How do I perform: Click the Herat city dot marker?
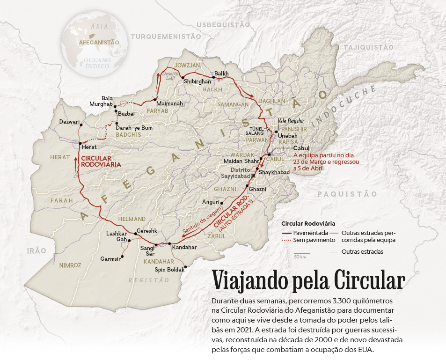click(x=80, y=143)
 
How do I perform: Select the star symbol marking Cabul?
click(x=269, y=155)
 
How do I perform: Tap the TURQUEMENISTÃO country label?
click(x=163, y=36)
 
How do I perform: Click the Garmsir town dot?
click(x=123, y=256)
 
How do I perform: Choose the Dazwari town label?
click(x=69, y=122)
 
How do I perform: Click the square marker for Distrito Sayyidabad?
click(x=254, y=175)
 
